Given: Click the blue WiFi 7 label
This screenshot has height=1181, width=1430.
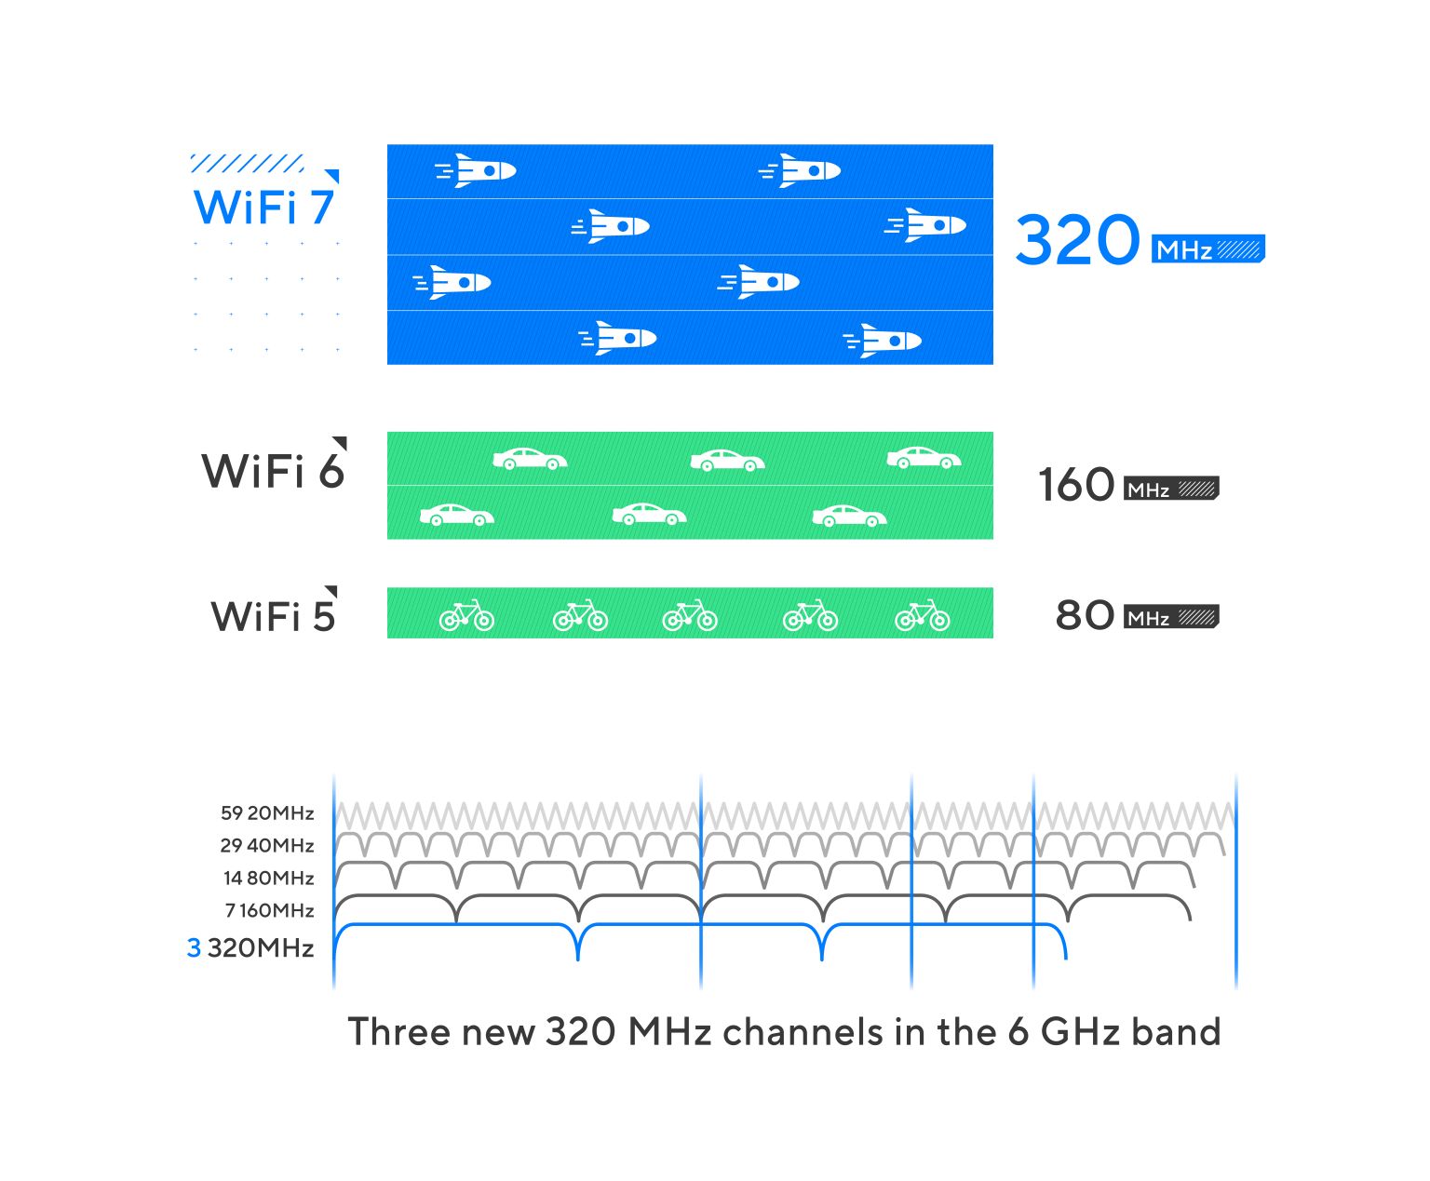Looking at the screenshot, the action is [263, 207].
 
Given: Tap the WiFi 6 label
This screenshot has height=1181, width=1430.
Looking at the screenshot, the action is [273, 470].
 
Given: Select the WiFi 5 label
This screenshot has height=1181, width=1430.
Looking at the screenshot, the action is [273, 615].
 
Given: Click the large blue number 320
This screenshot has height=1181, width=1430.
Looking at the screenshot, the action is [1076, 239].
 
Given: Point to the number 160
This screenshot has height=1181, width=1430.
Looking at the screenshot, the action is [1076, 485].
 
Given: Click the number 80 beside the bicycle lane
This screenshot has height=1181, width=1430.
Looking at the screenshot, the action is [1085, 615].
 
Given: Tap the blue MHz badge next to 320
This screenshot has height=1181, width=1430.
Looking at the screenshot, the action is [1207, 248].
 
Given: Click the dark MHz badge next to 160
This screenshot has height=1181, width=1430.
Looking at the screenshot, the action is [1171, 489].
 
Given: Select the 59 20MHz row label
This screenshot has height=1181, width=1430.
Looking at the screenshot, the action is [267, 812].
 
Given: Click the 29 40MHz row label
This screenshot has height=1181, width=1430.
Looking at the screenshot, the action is [267, 845].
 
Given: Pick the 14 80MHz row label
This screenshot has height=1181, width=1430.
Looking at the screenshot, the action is [268, 878].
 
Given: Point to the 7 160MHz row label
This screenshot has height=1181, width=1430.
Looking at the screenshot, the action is [269, 910].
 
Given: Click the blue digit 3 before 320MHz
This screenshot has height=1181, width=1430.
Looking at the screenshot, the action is [194, 948].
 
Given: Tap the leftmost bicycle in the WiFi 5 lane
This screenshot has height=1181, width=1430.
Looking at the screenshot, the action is [466, 615].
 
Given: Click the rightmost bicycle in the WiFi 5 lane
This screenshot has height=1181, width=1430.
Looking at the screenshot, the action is [922, 615].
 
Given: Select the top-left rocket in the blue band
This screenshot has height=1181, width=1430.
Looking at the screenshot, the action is [476, 170].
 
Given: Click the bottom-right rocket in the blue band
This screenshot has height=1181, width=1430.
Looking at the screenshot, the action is [882, 341].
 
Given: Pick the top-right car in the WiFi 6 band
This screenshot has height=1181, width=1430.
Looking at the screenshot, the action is [924, 457].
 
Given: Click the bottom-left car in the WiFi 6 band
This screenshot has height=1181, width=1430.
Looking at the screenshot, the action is [457, 515].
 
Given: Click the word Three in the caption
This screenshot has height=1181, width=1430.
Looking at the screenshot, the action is [398, 1031].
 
